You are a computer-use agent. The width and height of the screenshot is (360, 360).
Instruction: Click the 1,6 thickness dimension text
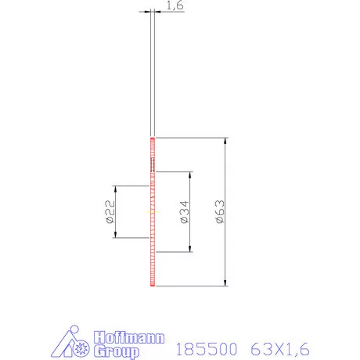[x=175, y=5]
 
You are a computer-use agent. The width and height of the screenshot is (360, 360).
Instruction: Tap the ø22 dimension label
[x=110, y=212]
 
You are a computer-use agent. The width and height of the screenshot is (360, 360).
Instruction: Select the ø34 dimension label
[x=185, y=212]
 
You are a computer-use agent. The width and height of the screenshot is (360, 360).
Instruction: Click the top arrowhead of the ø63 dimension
[x=226, y=142]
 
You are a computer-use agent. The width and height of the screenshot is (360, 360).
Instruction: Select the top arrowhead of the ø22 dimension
[x=116, y=189]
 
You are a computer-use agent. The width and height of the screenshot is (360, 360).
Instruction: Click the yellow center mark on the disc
[x=152, y=211]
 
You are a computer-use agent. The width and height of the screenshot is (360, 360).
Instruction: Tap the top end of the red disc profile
[x=153, y=139]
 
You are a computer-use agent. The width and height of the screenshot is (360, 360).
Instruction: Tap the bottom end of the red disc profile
[x=153, y=285]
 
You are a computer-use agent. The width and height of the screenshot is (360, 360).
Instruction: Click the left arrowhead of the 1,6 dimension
[x=148, y=11]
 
